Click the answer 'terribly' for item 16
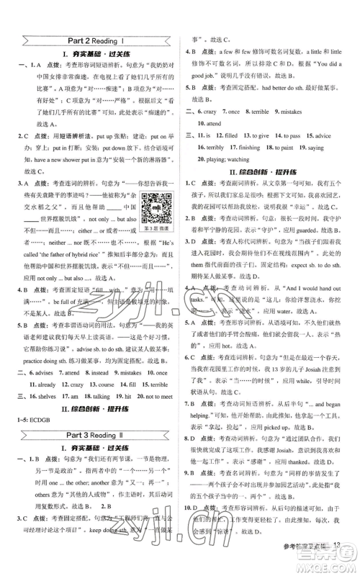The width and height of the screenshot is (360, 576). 215,146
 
